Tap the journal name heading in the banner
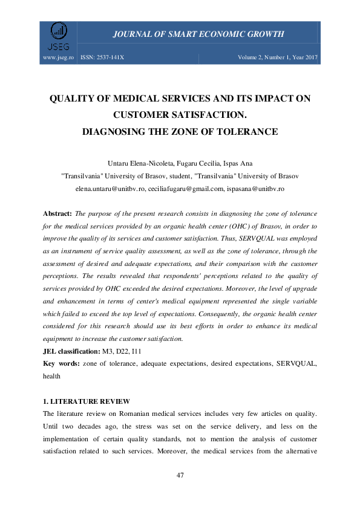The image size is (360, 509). (x=198, y=34)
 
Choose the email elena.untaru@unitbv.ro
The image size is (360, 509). (x=110, y=189)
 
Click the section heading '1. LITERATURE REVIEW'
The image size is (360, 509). (x=86, y=401)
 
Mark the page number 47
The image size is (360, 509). (x=180, y=475)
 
